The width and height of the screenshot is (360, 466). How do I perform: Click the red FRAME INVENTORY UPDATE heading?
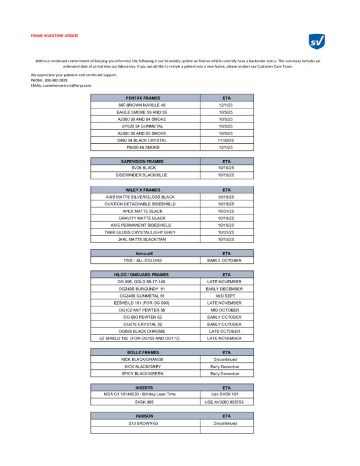(54, 36)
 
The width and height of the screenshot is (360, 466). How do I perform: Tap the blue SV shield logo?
(316, 41)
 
